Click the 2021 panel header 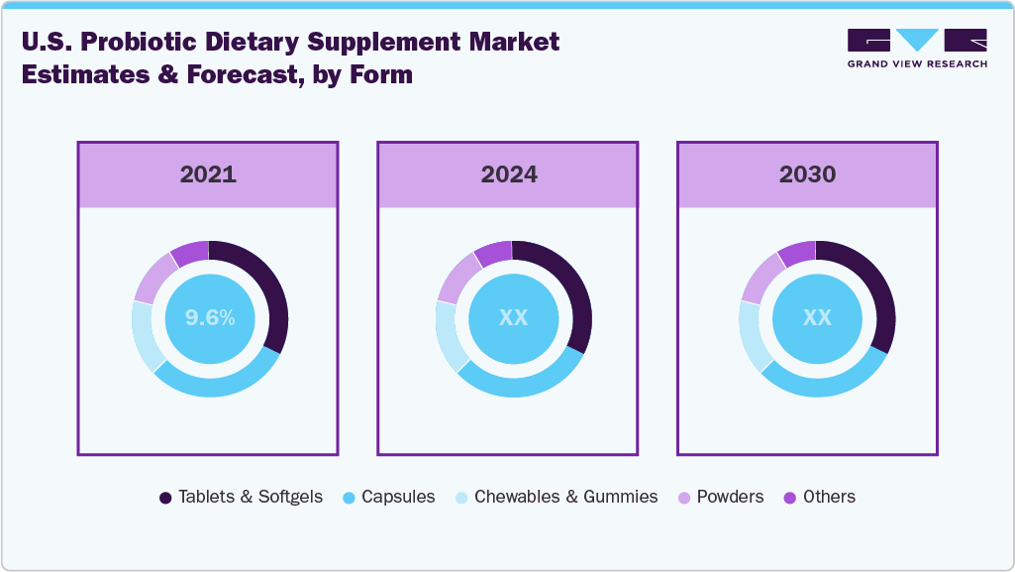click(x=208, y=174)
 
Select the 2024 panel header click(x=508, y=174)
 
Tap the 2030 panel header click(x=807, y=174)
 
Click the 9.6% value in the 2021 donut click(x=210, y=318)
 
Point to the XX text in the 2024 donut click(x=513, y=318)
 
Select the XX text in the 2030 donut click(x=817, y=318)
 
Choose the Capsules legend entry click(x=388, y=497)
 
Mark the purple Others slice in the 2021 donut click(x=190, y=253)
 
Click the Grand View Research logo click(x=917, y=48)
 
